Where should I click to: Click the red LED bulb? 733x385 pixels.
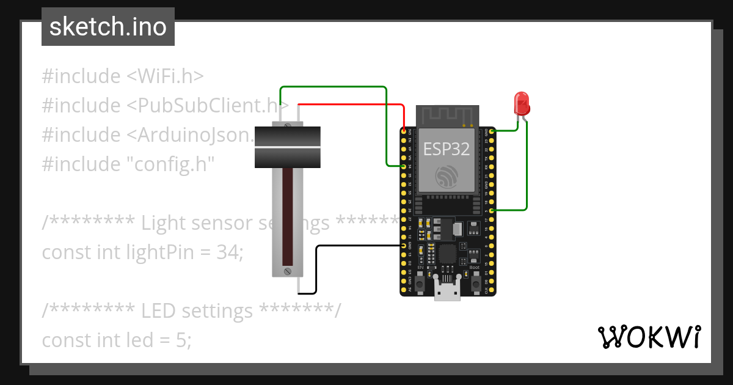(522, 103)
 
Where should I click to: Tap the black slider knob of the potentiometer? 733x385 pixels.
(288, 147)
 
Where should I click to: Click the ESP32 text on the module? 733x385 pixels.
(446, 150)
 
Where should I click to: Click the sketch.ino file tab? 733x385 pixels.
(108, 28)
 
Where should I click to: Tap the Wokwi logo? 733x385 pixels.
(649, 337)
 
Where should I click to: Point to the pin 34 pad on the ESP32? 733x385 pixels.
(404, 166)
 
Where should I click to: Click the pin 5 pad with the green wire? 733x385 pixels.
(492, 210)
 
